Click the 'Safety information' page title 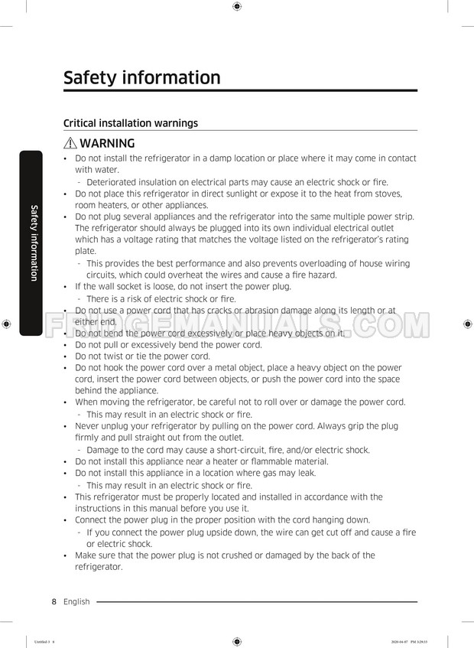point(141,78)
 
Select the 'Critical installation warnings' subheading point(130,123)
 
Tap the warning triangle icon point(70,143)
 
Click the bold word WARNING point(107,143)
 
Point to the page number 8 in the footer point(54,602)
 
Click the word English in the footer point(76,602)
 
